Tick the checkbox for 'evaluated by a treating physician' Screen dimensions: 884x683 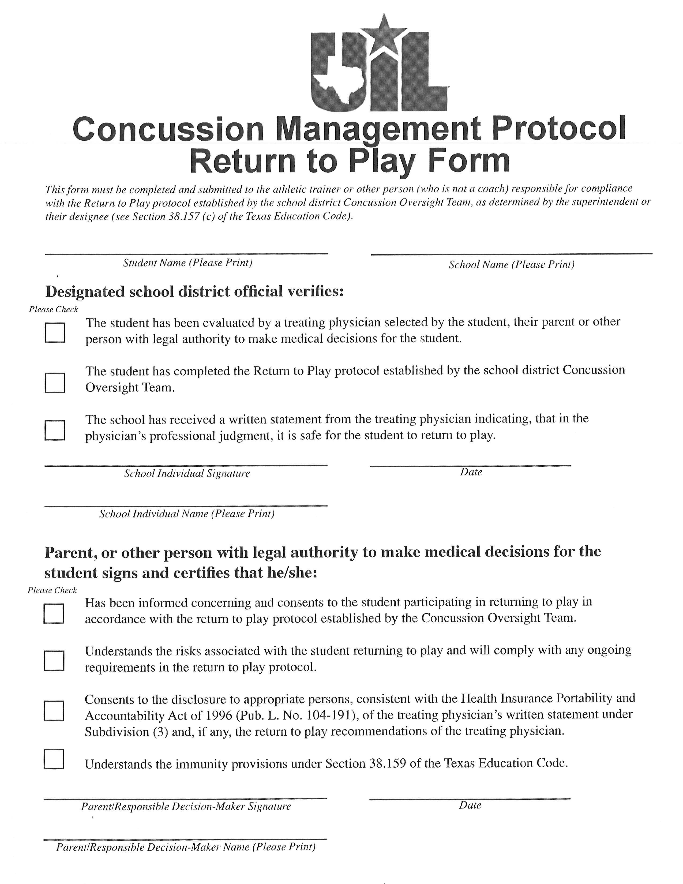(55, 332)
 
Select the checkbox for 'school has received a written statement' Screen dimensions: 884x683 (55, 430)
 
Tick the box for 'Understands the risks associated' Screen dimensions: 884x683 (54, 661)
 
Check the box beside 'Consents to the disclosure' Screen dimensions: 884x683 (54, 711)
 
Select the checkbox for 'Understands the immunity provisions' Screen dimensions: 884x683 (54, 759)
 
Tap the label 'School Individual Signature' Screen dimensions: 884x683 (187, 473)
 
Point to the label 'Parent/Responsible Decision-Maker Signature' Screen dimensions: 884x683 (186, 807)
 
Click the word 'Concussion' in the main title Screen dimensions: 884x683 (168, 129)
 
